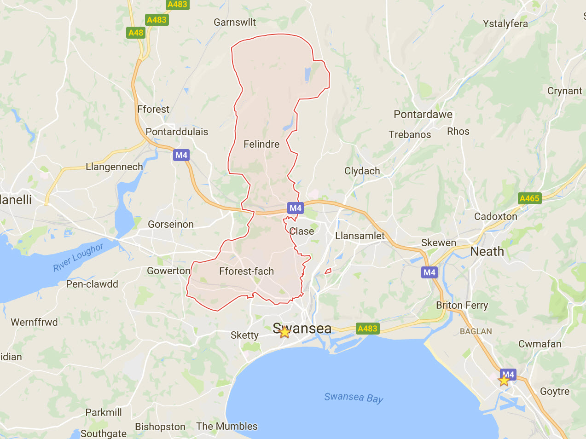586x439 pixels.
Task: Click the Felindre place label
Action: point(261,144)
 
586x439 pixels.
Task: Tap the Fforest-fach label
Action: point(246,271)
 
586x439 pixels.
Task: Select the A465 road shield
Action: point(529,198)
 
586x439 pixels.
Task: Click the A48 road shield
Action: point(136,33)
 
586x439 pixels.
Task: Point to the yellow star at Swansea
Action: point(284,332)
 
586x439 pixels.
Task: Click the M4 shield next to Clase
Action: point(295,208)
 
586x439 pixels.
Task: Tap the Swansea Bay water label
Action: point(354,398)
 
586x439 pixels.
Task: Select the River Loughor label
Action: point(78,257)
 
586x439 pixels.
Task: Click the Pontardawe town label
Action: point(423,115)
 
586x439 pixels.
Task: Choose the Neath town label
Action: point(487,252)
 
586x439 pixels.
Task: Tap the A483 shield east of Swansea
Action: point(367,329)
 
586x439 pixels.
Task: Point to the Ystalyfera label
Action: point(505,24)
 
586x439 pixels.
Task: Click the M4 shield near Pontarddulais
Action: point(181,155)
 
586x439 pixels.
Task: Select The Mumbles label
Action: point(227,427)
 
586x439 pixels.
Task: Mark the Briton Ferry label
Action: point(462,306)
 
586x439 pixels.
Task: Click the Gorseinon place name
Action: point(171,225)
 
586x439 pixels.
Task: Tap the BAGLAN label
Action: point(476,331)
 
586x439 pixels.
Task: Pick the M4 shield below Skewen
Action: point(429,272)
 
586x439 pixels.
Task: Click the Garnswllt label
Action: point(235,22)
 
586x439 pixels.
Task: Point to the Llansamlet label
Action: point(360,236)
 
